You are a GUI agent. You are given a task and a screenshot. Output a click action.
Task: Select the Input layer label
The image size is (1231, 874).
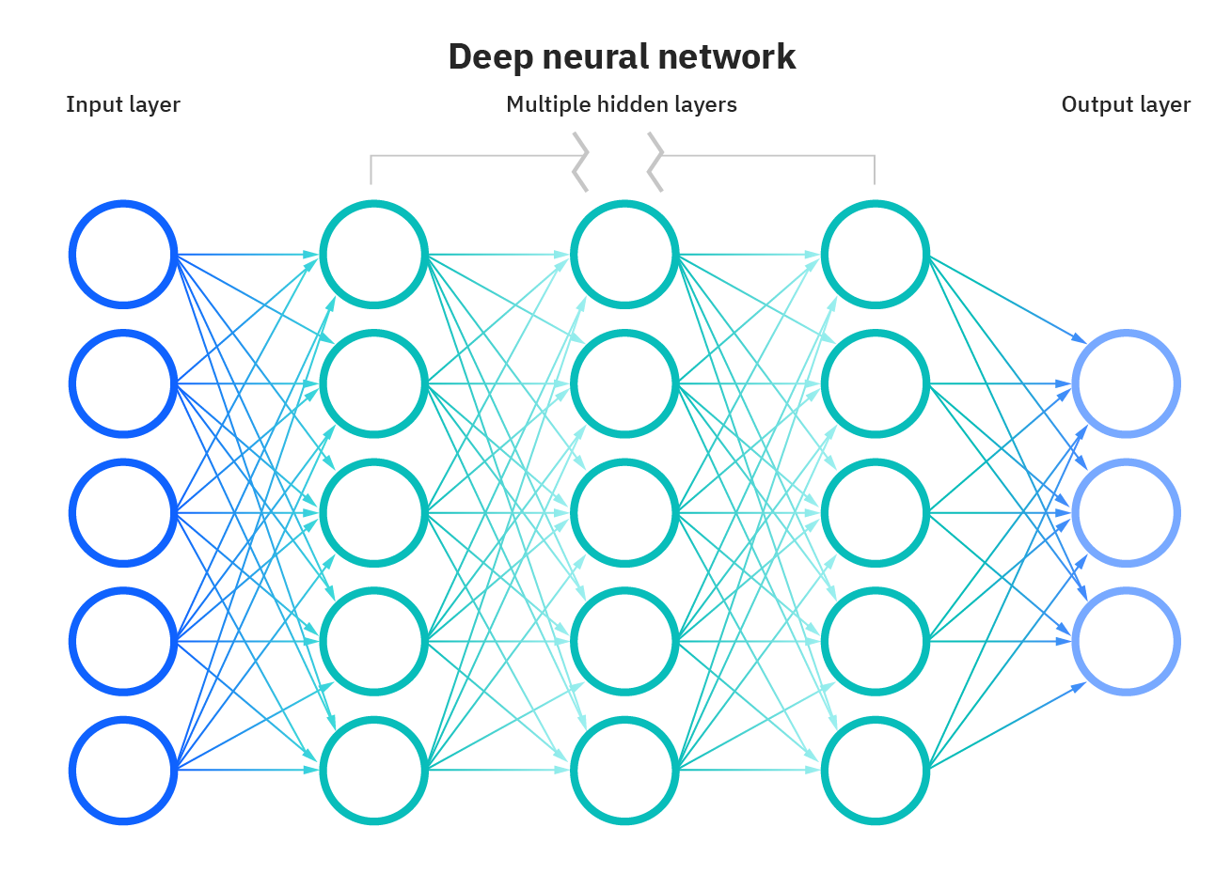click(122, 104)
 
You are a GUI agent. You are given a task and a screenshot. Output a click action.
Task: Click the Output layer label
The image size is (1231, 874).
click(1125, 104)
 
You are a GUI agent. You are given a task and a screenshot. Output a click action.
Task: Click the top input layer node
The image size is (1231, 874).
click(123, 254)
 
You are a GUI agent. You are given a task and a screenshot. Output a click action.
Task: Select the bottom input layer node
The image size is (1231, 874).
click(123, 771)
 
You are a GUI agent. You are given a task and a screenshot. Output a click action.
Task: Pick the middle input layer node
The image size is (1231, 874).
click(123, 512)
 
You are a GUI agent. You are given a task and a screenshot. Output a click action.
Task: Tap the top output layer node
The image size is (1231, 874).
click(1126, 383)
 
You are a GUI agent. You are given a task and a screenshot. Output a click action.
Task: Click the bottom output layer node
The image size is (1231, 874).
click(1126, 642)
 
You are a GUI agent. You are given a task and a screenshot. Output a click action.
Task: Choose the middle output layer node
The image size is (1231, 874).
click(1126, 513)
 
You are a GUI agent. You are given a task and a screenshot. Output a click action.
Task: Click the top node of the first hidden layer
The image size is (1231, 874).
click(373, 254)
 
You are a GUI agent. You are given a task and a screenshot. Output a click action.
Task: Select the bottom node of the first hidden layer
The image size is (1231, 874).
click(373, 771)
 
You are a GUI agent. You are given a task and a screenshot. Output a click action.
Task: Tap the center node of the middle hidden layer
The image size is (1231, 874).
click(624, 512)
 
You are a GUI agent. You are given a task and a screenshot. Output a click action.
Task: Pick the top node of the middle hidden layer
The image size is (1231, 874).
click(624, 254)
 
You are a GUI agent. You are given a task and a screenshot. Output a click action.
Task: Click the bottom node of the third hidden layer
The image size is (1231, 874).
click(875, 771)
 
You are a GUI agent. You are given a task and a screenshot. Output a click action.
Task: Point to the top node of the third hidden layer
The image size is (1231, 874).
click(875, 254)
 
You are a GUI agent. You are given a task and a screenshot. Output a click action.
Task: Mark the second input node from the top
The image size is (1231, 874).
click(123, 383)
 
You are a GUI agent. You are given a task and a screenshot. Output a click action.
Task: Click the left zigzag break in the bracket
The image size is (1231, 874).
click(581, 162)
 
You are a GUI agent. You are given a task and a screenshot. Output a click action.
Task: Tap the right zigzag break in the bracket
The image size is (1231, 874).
click(655, 162)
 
